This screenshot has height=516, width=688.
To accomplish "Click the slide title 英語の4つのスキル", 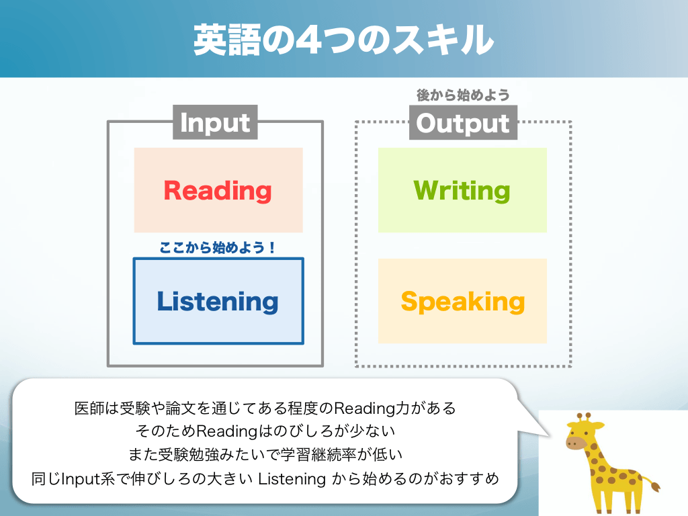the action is point(343,40).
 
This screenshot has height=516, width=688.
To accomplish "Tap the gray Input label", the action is point(215,122).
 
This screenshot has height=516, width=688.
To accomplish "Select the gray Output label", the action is point(463,123).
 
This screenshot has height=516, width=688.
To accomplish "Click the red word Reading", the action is point(218,191).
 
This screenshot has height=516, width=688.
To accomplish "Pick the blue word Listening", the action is point(218,302).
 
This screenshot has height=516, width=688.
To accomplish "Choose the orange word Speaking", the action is point(463,302).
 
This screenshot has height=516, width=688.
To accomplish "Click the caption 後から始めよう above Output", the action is point(463,95).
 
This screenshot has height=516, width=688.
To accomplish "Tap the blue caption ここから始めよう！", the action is point(218,247).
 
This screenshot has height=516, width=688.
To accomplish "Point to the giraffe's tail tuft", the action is point(656,487).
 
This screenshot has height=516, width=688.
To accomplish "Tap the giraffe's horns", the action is point(584,417).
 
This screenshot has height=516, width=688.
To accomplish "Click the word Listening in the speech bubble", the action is point(292,478).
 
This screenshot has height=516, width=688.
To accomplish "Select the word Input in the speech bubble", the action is point(81,479).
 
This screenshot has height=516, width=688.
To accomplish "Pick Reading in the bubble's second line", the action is point(226,431).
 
